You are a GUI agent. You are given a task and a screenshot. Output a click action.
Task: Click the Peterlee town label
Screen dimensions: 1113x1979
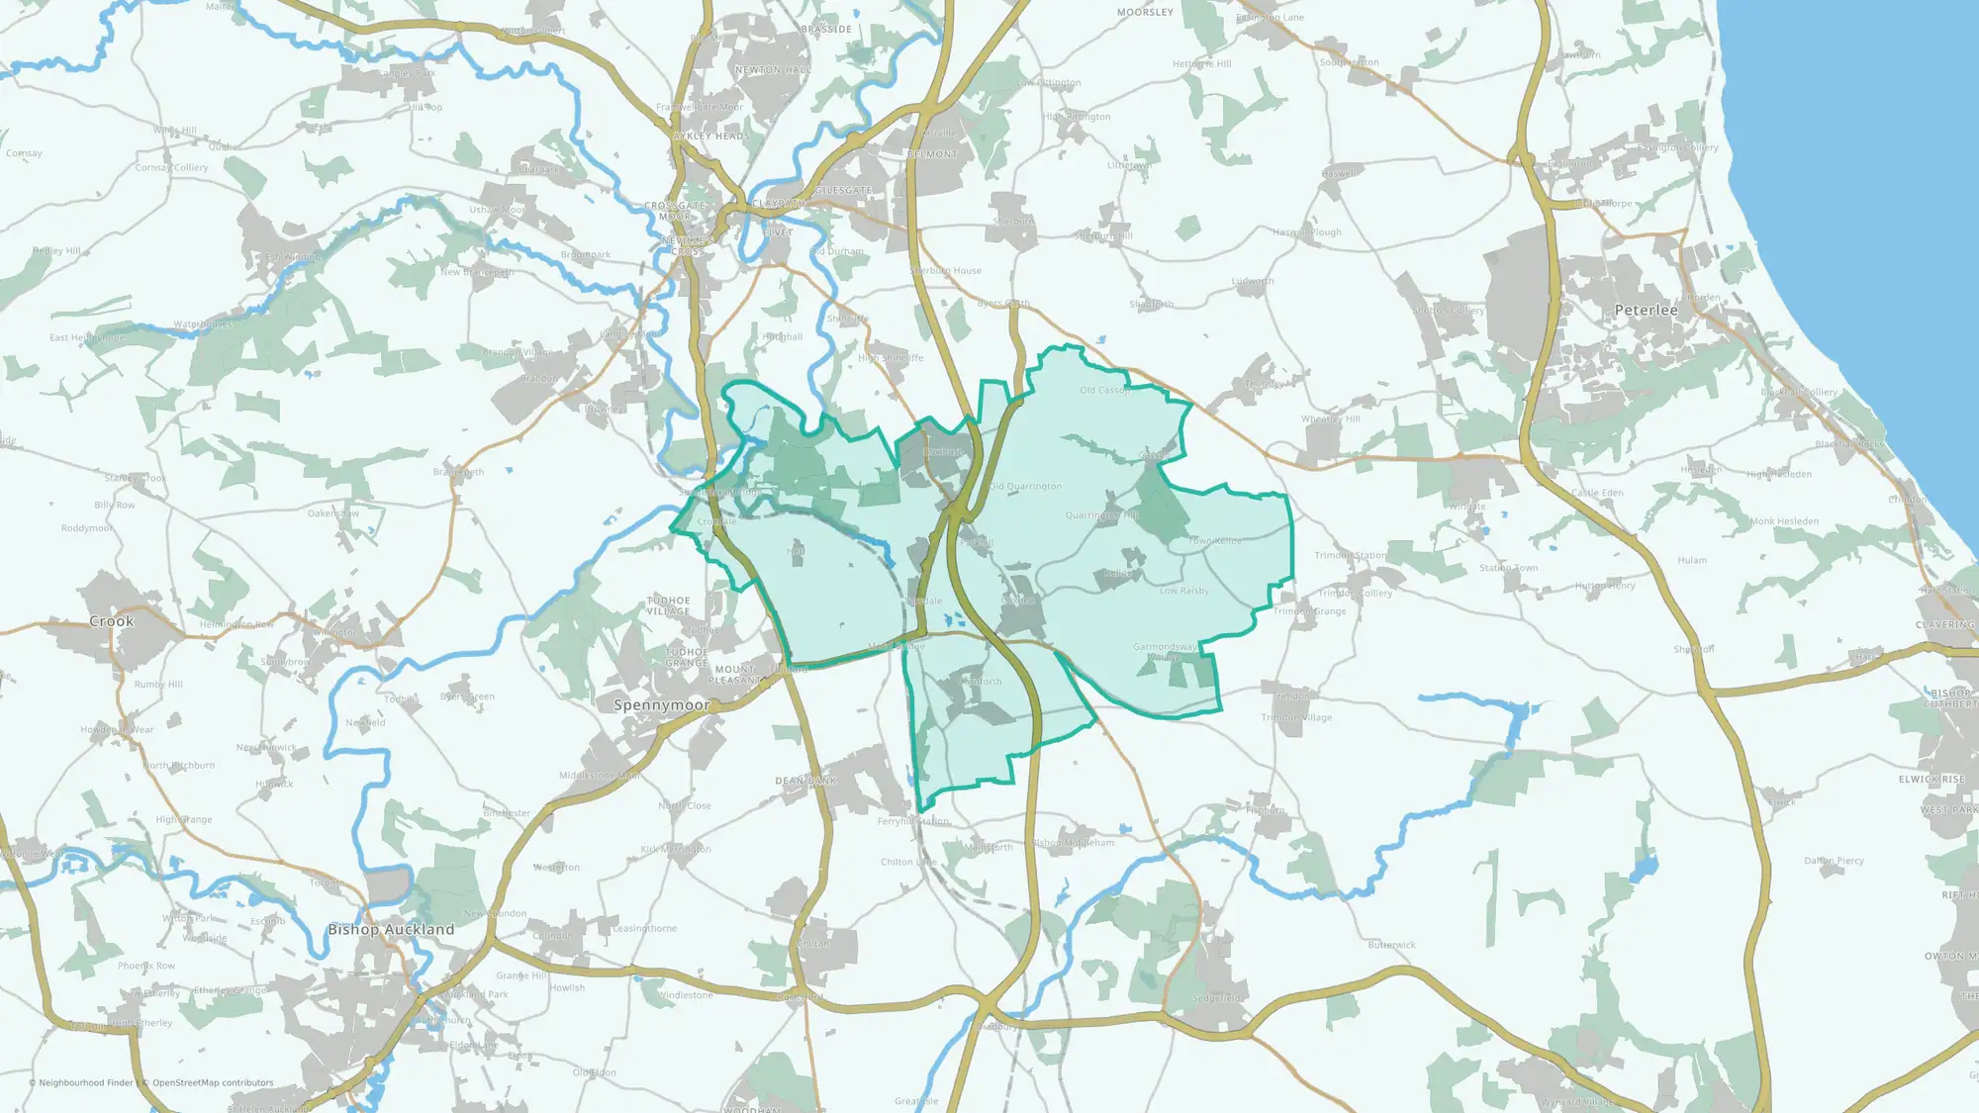point(1646,310)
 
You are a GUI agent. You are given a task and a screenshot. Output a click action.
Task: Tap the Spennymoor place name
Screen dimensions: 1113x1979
point(661,705)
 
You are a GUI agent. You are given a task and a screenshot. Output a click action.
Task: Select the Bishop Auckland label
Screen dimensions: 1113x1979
point(391,929)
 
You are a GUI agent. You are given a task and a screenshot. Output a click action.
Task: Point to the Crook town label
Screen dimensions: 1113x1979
point(111,621)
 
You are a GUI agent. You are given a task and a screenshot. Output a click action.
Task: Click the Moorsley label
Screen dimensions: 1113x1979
point(1145,13)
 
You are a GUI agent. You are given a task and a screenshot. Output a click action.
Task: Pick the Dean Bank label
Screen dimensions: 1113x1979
point(805,781)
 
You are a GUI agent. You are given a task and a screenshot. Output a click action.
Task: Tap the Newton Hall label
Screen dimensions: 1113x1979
point(773,70)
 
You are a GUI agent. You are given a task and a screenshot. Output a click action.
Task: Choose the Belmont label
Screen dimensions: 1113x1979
point(932,154)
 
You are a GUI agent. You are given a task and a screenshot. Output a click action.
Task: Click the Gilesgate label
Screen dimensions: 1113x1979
point(844,190)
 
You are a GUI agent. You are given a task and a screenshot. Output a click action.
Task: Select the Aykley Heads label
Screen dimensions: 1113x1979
point(711,136)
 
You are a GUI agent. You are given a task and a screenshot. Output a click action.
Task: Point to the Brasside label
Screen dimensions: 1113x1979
point(826,30)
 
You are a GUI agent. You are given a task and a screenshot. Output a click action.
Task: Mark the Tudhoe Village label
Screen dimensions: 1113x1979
point(669,605)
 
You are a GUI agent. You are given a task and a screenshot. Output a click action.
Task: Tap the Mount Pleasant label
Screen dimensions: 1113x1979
point(734,675)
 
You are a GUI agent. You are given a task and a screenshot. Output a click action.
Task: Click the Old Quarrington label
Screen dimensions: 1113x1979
point(1025,487)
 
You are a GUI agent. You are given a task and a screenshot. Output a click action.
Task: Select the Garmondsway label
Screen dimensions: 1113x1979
point(1166,647)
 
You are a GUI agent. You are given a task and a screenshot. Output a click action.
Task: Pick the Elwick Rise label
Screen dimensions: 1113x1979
point(1931,780)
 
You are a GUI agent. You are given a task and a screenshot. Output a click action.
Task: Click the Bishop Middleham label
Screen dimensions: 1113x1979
point(1073,843)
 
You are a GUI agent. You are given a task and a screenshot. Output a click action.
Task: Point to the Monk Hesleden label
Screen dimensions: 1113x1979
point(1784,521)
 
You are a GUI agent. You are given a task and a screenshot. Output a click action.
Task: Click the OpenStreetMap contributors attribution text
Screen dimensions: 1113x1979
point(213,1082)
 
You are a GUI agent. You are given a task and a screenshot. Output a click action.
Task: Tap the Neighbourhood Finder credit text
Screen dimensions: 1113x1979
point(85,1082)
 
